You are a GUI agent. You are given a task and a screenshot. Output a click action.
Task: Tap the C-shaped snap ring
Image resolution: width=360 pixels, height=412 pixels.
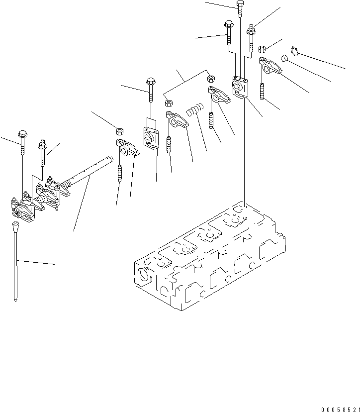(x=294, y=50)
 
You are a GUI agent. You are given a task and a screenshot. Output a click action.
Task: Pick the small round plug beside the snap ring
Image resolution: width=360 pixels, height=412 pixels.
(x=284, y=58)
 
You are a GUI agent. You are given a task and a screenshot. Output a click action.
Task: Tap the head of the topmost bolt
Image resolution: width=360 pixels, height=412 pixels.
(x=240, y=6)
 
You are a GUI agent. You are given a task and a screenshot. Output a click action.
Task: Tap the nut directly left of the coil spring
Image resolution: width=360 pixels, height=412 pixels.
(x=169, y=103)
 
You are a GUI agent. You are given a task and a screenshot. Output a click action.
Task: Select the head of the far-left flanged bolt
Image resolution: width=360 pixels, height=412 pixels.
(x=22, y=134)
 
